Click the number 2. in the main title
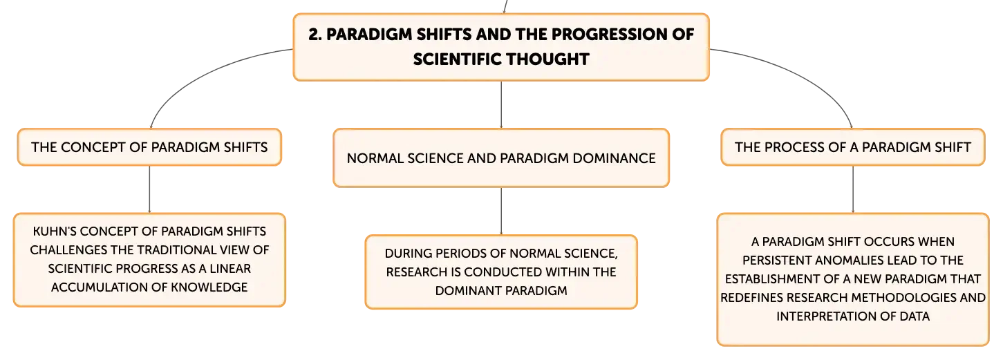[315, 35]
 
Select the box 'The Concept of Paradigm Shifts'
[149, 147]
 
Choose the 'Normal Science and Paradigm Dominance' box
[501, 158]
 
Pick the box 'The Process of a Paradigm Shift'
[852, 147]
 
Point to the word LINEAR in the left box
[230, 269]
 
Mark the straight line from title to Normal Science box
[501, 105]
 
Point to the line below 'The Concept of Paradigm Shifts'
[149, 189]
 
